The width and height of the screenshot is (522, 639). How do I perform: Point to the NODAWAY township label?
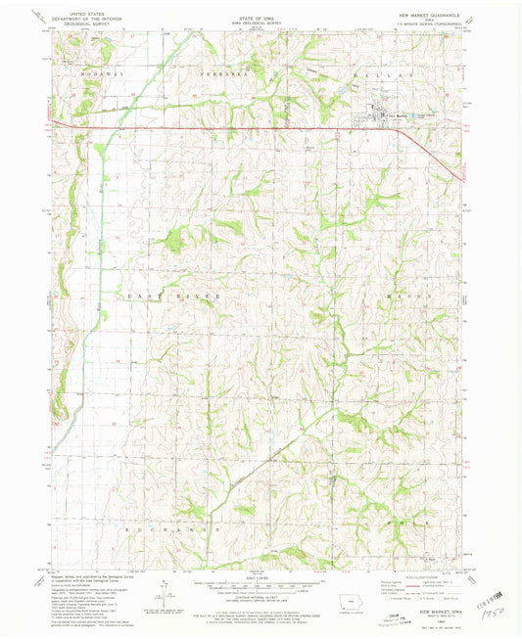98,72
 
